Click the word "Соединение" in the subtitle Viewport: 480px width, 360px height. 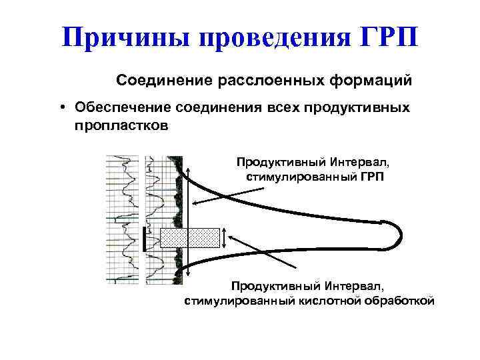point(164,81)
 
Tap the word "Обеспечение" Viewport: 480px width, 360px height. point(124,108)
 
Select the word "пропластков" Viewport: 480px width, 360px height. point(122,125)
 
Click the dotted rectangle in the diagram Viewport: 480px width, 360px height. point(190,238)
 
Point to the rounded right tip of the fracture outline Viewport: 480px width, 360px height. point(398,233)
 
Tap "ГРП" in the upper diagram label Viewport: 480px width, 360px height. point(371,177)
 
